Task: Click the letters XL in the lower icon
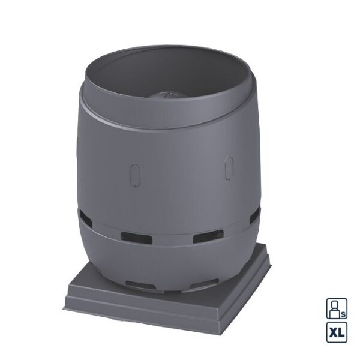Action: (x=337, y=332)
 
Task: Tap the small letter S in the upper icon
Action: (x=343, y=314)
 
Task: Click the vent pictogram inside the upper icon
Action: (x=335, y=308)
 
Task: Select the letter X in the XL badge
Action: (x=334, y=332)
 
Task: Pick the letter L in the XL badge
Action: (x=341, y=332)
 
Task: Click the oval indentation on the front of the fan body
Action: (x=135, y=175)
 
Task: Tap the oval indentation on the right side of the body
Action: (x=229, y=168)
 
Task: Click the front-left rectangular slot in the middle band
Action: (x=137, y=238)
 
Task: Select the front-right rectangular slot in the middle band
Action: (x=208, y=236)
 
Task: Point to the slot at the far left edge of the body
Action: (x=85, y=218)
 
